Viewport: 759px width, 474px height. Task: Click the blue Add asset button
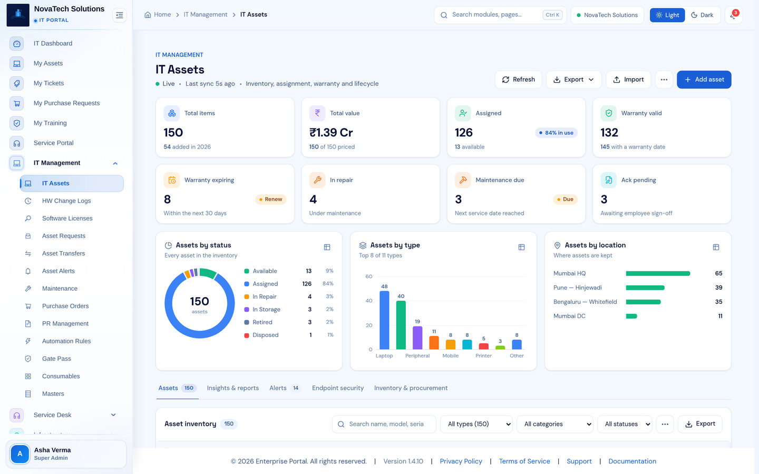pos(704,80)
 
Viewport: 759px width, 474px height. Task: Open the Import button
pos(628,80)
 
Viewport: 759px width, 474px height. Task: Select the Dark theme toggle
pos(702,15)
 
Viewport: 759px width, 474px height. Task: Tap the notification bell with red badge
pos(733,15)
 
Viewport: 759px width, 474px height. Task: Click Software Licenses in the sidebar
pos(67,219)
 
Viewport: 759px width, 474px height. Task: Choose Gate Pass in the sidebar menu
pos(56,359)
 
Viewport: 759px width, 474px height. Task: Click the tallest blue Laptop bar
pos(384,320)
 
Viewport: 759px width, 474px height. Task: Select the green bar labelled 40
pos(401,325)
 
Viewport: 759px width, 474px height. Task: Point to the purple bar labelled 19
pos(417,338)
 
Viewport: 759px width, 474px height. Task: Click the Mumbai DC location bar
pos(631,316)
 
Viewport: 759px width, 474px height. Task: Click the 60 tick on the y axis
pos(368,276)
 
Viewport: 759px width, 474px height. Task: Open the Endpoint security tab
pos(337,388)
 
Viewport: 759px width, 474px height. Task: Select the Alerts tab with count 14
pos(285,388)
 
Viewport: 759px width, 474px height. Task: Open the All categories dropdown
pos(554,424)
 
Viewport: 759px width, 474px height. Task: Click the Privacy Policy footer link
pos(461,461)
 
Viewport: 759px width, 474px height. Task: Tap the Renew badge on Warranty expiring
pos(271,199)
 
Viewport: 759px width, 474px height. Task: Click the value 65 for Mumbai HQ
pos(718,273)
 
